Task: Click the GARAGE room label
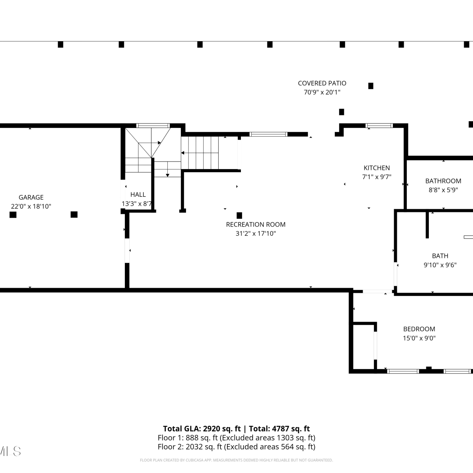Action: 31,197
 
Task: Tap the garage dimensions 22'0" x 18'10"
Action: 31,206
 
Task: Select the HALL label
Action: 138,195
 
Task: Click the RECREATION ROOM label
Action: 256,225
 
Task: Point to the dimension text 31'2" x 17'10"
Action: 256,233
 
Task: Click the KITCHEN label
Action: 377,168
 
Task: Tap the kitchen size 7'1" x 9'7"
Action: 377,177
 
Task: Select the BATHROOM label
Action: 443,181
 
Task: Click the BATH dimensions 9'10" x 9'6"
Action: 440,265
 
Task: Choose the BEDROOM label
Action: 419,329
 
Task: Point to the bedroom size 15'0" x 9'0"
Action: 419,338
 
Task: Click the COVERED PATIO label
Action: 322,83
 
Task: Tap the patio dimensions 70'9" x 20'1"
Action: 322,92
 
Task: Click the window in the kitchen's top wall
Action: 379,126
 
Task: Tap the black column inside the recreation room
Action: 239,215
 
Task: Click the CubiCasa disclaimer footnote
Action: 237,460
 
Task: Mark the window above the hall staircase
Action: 153,126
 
